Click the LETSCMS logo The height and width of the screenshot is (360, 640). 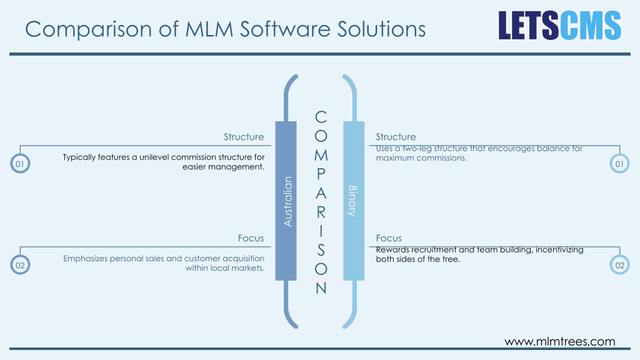pyautogui.click(x=559, y=25)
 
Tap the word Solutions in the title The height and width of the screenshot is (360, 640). pyautogui.click(x=381, y=29)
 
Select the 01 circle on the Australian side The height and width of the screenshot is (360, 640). pyautogui.click(x=20, y=164)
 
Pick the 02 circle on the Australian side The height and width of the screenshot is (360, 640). pyautogui.click(x=20, y=265)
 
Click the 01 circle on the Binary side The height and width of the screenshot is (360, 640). pyautogui.click(x=619, y=164)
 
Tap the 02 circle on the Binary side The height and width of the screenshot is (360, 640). pyautogui.click(x=619, y=265)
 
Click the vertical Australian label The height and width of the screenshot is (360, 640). pyautogui.click(x=287, y=201)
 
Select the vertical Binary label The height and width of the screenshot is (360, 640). pyautogui.click(x=352, y=201)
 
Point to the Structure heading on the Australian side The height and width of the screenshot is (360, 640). pyautogui.click(x=244, y=137)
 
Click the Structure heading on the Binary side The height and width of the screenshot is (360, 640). pyautogui.click(x=396, y=137)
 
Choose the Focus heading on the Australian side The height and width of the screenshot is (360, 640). pyautogui.click(x=251, y=238)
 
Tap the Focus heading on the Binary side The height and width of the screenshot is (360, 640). pyautogui.click(x=389, y=238)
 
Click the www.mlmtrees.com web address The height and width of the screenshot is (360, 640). pyautogui.click(x=560, y=341)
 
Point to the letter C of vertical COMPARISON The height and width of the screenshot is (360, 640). pyautogui.click(x=321, y=117)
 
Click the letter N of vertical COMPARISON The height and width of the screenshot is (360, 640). pyautogui.click(x=321, y=288)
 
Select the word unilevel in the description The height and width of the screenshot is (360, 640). pyautogui.click(x=154, y=157)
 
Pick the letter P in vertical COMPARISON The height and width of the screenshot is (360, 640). pyautogui.click(x=321, y=174)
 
